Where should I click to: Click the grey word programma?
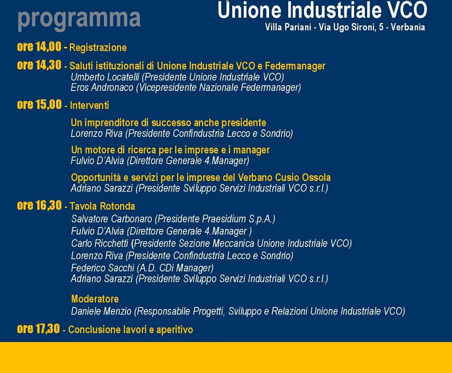pos(79,19)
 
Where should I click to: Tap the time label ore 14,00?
pos(39,47)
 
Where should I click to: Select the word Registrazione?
pos(98,47)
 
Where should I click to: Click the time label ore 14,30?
pos(39,65)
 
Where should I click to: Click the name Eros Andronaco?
pos(102,87)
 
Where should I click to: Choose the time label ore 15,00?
pos(39,104)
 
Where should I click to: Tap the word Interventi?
pos(90,105)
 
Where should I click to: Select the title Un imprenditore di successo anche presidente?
pos(169,123)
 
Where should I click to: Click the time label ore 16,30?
pos(39,205)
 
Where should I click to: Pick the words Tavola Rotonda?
pos(102,206)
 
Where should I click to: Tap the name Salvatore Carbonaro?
pos(112,219)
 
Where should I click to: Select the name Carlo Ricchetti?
pos(100,243)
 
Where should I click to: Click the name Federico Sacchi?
pos(102,268)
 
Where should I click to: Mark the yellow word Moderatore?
pos(95,299)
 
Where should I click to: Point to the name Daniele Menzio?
pos(101,311)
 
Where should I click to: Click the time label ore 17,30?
pos(38,328)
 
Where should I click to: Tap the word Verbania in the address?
pos(407,27)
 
